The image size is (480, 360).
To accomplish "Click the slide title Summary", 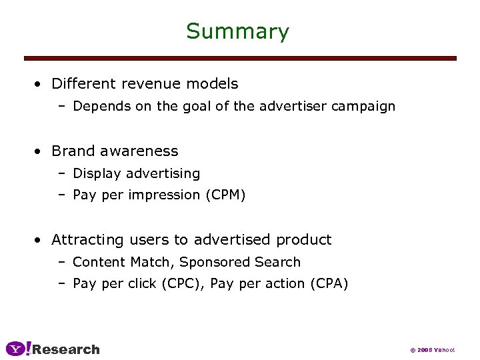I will tap(237, 31).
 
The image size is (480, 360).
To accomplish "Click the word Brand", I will tap(72, 151).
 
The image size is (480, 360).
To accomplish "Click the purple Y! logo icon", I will tap(18, 349).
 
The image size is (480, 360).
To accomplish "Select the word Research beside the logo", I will tap(66, 349).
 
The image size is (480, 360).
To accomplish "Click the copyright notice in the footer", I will tap(431, 350).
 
